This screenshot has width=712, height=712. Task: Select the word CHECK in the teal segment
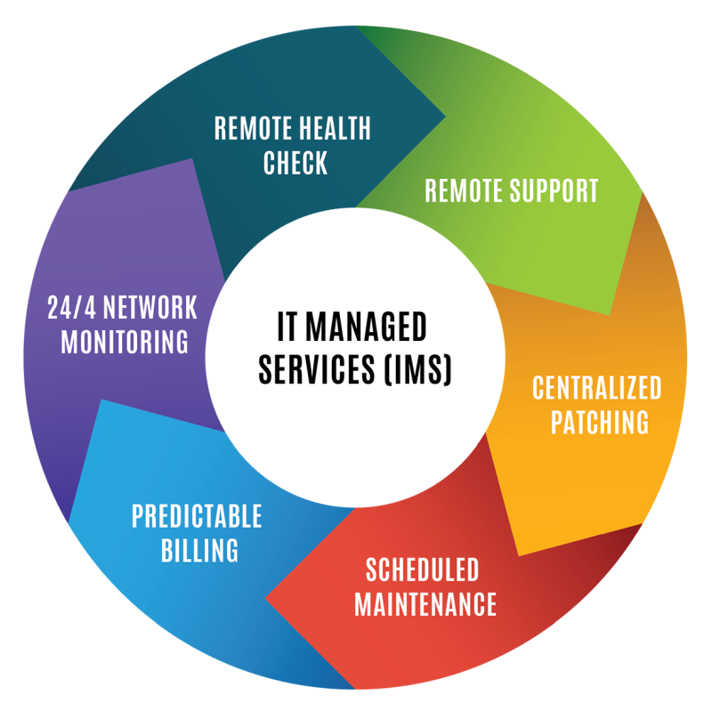click(295, 163)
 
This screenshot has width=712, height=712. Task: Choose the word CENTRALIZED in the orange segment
click(597, 388)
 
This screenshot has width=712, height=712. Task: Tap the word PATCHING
click(599, 422)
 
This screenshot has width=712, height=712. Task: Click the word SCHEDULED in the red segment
click(423, 570)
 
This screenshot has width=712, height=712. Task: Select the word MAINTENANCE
click(425, 604)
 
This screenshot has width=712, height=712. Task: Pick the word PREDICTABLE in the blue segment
click(197, 516)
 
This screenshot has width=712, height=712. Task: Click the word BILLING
click(199, 550)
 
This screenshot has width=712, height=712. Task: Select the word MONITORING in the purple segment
click(125, 343)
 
